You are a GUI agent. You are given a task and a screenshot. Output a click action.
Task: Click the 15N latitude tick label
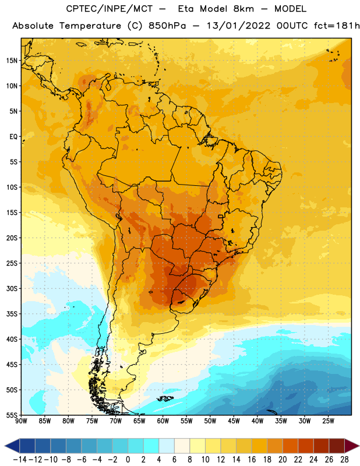[x=12, y=61]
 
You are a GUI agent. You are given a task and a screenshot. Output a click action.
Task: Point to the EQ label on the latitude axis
[x=13, y=137]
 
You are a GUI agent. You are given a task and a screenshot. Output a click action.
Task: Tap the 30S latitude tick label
[x=12, y=288]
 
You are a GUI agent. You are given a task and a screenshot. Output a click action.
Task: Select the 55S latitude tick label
[x=12, y=415]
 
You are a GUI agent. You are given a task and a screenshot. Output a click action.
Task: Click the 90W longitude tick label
[x=21, y=421]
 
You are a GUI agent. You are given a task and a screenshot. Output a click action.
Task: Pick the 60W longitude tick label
[x=163, y=421]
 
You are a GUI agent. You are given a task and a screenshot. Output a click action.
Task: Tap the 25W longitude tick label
[x=328, y=421]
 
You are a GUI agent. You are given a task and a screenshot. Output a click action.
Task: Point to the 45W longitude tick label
[x=234, y=421]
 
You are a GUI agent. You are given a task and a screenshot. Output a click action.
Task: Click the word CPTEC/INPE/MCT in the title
[x=110, y=9]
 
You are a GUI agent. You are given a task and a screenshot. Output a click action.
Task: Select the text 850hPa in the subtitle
[x=167, y=26]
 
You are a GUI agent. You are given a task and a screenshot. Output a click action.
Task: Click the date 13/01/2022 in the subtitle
[x=238, y=26]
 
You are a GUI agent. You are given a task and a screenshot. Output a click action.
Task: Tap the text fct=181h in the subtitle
[x=337, y=26]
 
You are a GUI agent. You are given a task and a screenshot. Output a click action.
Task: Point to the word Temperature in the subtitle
[x=90, y=26]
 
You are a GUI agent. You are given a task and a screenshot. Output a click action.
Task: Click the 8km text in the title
[x=243, y=9]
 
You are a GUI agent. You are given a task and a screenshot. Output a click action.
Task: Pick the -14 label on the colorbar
[x=20, y=460]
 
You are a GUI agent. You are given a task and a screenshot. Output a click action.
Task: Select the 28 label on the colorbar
[x=344, y=460]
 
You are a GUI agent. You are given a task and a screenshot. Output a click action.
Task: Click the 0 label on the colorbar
[x=128, y=460]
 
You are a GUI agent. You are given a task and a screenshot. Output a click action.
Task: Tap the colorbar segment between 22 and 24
[x=306, y=446]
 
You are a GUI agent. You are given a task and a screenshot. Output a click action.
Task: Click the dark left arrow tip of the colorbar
[x=5, y=446]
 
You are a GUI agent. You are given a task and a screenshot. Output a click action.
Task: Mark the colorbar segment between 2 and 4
[x=151, y=446]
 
